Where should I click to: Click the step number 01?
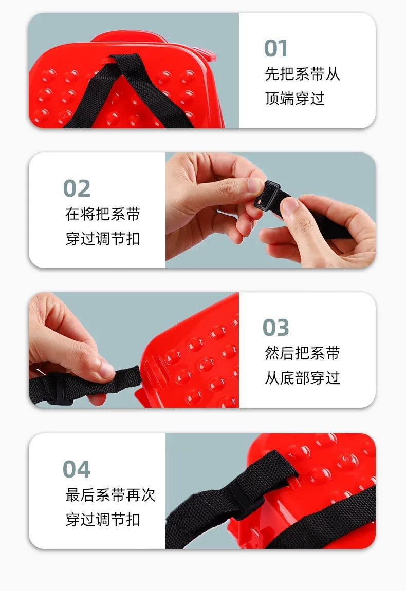(x=275, y=49)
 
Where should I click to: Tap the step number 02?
(x=77, y=188)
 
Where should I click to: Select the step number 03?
(x=276, y=327)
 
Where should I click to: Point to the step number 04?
(x=77, y=468)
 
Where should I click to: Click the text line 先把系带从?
(x=302, y=74)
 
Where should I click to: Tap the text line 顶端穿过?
(x=294, y=99)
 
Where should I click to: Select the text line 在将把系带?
(x=103, y=214)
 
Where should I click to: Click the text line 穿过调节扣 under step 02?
(x=103, y=239)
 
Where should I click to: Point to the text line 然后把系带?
(x=302, y=353)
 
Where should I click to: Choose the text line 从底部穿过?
(x=302, y=378)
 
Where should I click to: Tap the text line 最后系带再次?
(x=110, y=494)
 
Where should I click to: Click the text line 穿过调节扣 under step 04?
(x=103, y=519)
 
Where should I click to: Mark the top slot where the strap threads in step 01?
(x=113, y=59)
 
